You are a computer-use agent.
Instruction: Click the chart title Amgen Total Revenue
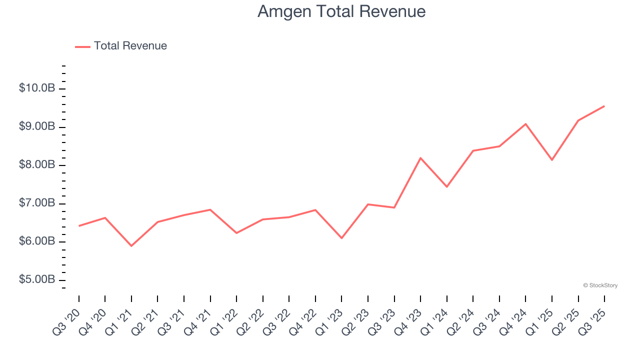[x=341, y=11]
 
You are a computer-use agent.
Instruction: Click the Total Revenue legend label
[x=130, y=46]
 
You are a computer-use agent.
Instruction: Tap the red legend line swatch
[x=82, y=46]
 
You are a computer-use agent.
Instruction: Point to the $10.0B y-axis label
[x=37, y=88]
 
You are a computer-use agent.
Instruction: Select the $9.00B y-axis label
[x=37, y=126]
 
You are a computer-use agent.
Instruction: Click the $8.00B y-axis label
[x=37, y=165]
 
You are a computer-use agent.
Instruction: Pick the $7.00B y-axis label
[x=37, y=203]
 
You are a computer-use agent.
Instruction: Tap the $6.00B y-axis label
[x=37, y=241]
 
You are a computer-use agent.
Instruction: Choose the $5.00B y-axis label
[x=37, y=279]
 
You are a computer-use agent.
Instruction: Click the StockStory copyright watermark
[x=600, y=285]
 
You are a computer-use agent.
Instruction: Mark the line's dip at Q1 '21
[x=131, y=246]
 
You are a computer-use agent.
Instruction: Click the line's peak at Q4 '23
[x=420, y=158]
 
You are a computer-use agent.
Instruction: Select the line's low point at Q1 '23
[x=341, y=238]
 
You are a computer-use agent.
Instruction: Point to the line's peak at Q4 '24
[x=525, y=124]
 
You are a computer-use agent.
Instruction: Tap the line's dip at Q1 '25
[x=552, y=160]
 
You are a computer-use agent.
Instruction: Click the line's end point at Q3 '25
[x=604, y=106]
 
